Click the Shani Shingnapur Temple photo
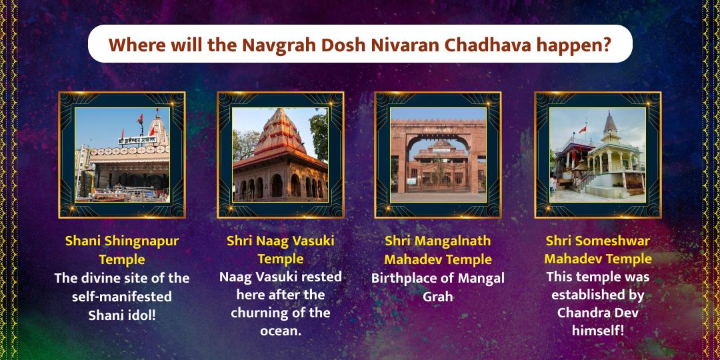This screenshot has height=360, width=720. coord(122,155)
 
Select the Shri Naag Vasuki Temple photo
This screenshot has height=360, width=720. coord(281,155)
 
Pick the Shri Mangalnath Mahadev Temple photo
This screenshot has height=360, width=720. coord(438,155)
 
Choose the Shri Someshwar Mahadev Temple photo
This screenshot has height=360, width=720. coord(598,155)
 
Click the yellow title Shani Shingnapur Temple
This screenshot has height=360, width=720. coord(122,249)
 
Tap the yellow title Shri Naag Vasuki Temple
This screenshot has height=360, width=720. coord(281,249)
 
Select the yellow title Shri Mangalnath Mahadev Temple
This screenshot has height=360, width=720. coord(438,249)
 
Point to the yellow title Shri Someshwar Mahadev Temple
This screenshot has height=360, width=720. coord(598,249)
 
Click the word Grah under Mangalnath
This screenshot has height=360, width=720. coord(438,296)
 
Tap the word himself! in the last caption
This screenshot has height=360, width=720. coord(598,330)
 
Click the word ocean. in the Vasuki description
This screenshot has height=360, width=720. coord(281,330)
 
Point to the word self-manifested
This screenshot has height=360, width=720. coord(122,296)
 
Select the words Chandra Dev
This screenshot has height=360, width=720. coord(598,313)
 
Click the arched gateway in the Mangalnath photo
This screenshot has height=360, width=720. coord(438,160)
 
